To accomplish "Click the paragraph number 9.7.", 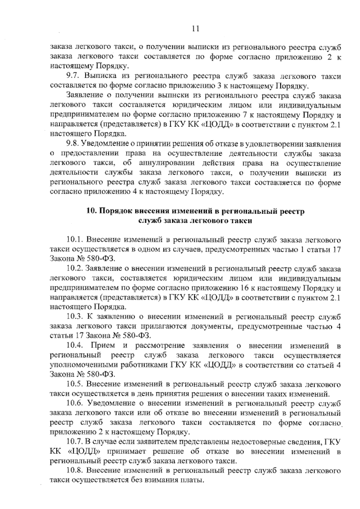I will tap(72, 77).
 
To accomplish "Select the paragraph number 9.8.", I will tap(72, 144).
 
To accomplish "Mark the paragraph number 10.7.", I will tap(74, 441).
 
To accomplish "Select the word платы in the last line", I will tap(192, 480).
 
